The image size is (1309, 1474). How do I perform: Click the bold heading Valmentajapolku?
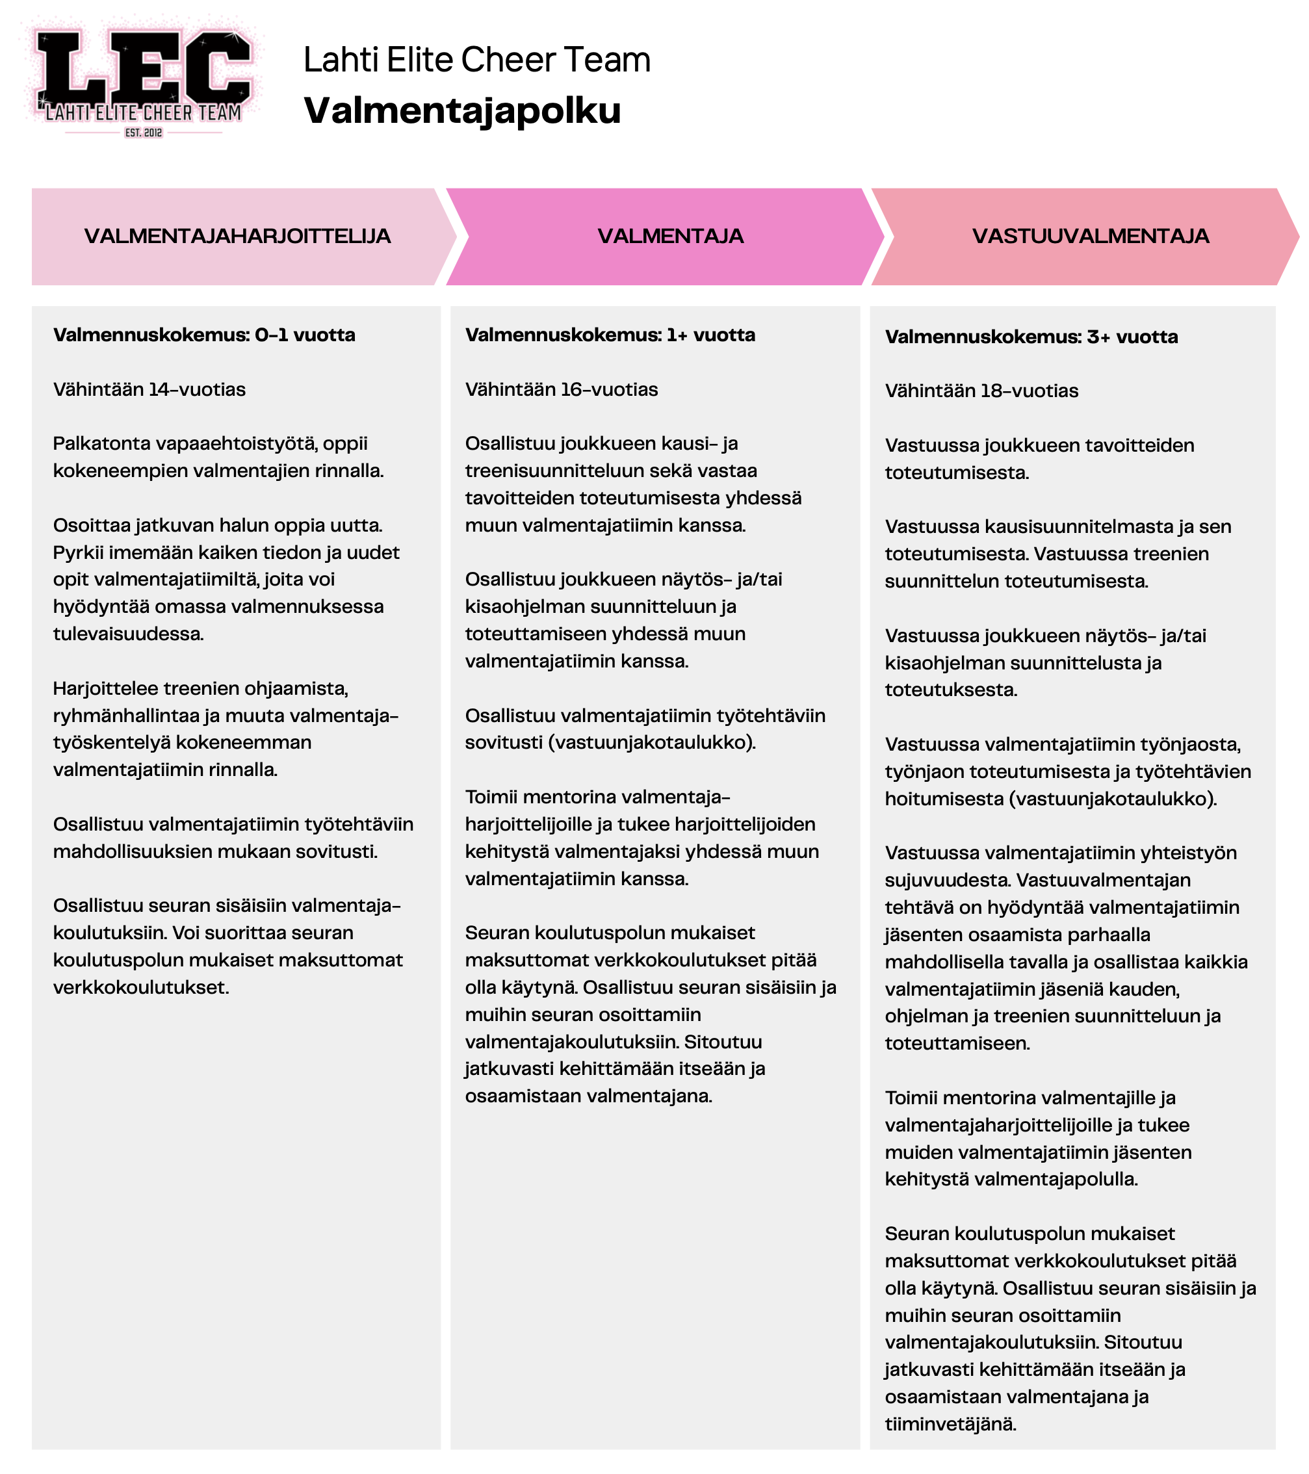tap(461, 111)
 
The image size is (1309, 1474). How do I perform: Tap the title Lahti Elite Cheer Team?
tap(476, 60)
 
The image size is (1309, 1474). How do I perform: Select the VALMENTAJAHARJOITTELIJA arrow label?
tap(237, 237)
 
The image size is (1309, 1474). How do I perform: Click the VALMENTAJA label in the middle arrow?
tap(670, 237)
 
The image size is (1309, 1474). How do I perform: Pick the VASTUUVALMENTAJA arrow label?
tap(1090, 237)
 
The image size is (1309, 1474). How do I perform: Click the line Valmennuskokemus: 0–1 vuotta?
tap(204, 335)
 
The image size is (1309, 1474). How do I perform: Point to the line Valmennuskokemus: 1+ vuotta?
tap(610, 335)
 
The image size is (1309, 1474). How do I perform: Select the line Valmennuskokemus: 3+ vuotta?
tap(1031, 337)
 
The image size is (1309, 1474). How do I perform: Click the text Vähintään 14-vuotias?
tap(149, 389)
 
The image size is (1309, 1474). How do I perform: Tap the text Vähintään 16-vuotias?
tap(561, 389)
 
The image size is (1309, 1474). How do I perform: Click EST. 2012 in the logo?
tap(144, 133)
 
